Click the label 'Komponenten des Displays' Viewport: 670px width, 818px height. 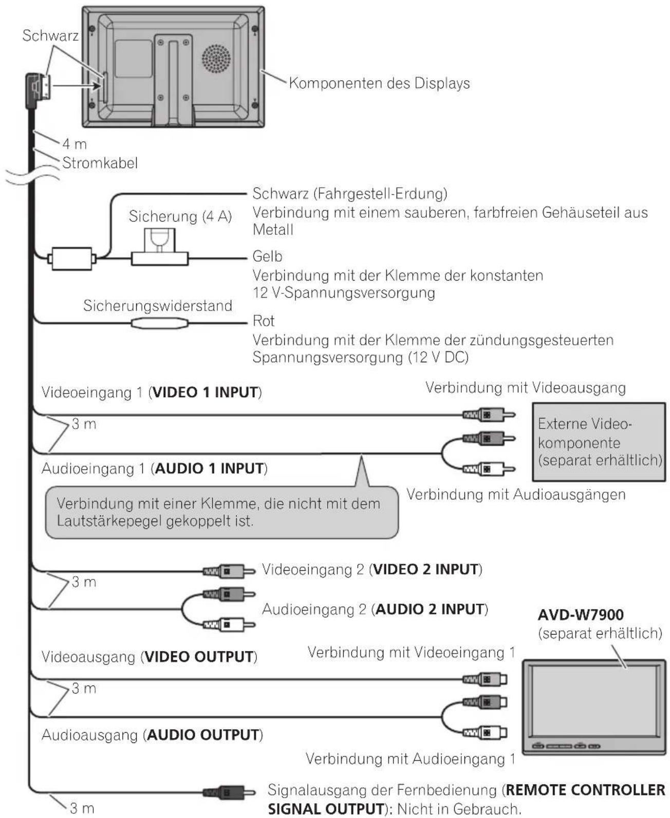(x=379, y=83)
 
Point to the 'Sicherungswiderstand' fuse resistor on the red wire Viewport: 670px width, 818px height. (x=159, y=323)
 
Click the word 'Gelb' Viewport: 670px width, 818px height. (x=267, y=256)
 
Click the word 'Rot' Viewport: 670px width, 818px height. (x=264, y=321)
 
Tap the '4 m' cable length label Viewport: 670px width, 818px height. (x=75, y=144)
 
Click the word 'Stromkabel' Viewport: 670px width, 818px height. (x=100, y=163)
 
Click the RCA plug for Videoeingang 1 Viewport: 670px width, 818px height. (x=488, y=415)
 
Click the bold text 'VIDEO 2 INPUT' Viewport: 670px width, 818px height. (x=426, y=569)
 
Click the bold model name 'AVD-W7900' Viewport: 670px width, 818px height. (x=580, y=615)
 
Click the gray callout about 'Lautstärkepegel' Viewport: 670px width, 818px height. (x=221, y=512)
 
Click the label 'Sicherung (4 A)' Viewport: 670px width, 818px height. (x=180, y=216)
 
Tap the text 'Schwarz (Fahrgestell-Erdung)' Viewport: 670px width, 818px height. (x=349, y=194)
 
